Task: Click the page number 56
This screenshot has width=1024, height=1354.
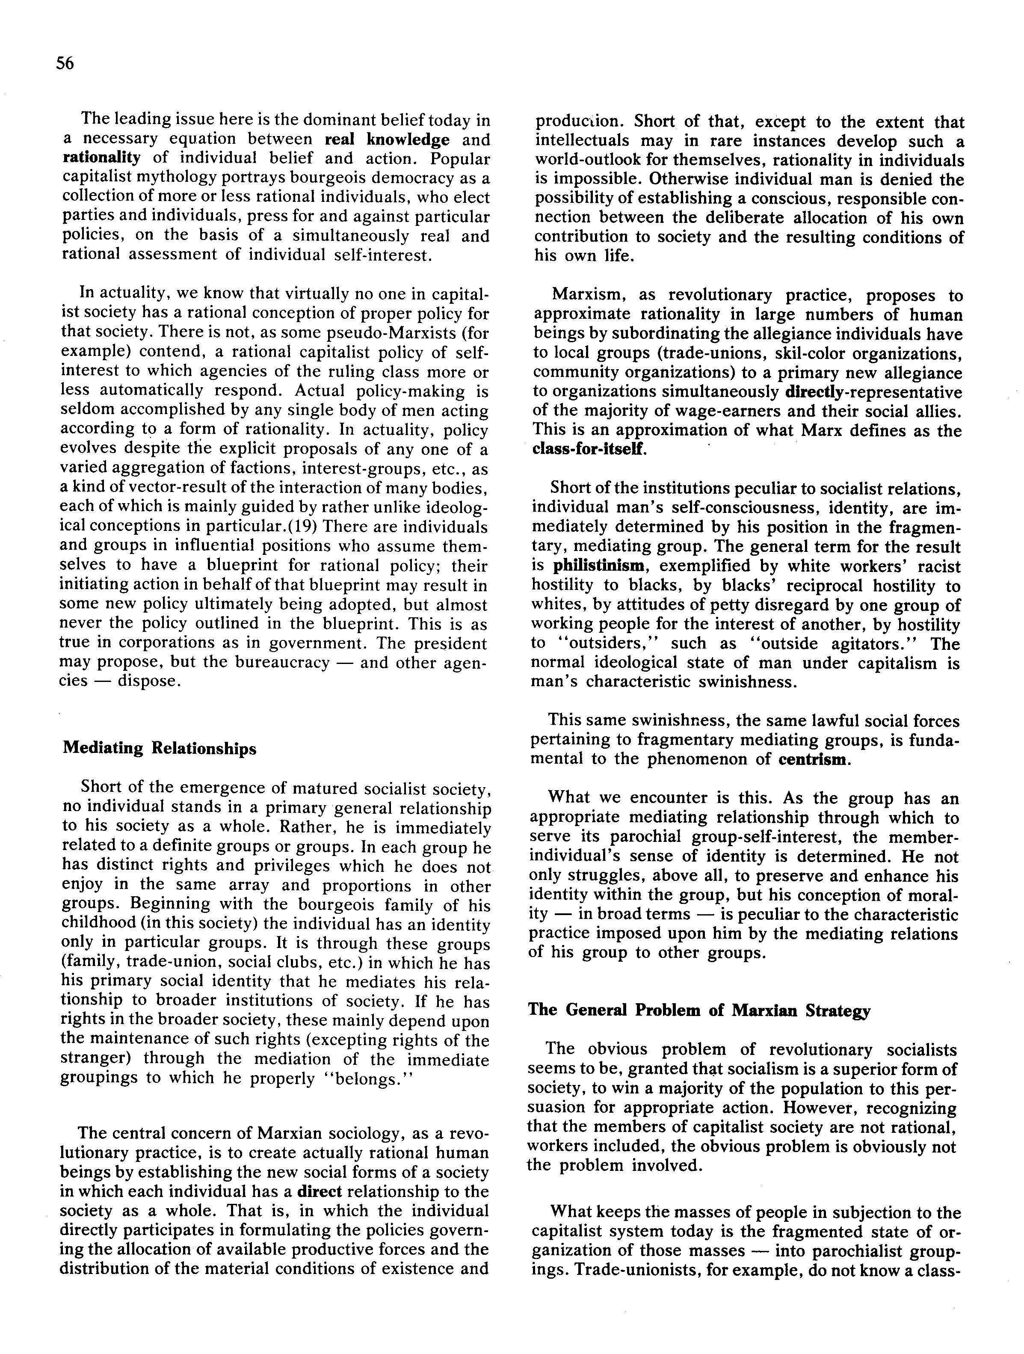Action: pyautogui.click(x=64, y=63)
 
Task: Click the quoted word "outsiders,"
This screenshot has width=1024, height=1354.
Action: pyautogui.click(x=594, y=643)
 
